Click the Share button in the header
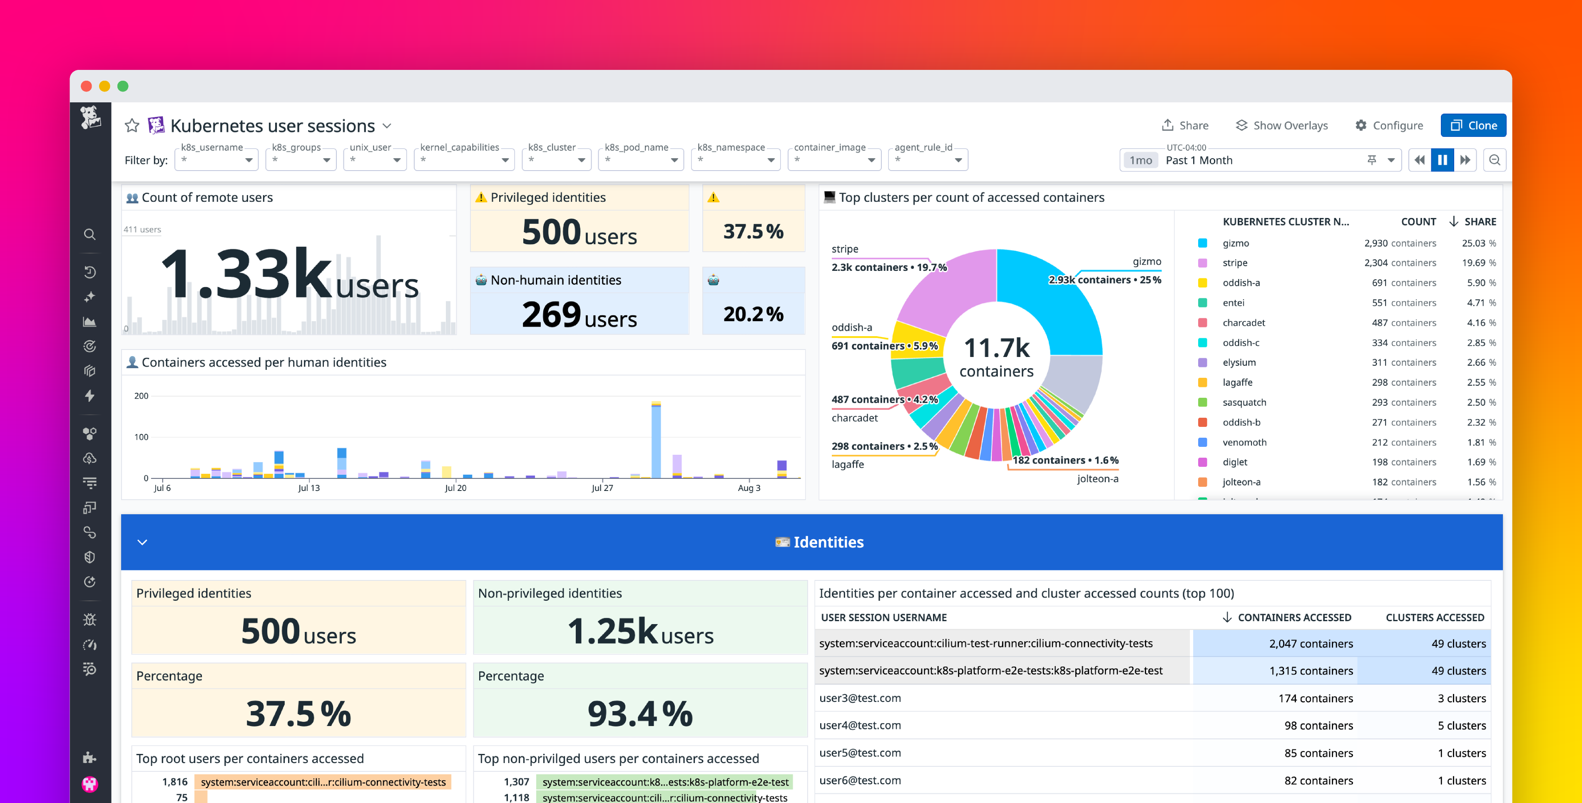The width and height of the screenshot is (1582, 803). (1185, 125)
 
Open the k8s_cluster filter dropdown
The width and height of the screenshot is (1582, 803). (556, 160)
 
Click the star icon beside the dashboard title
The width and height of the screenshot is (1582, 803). (132, 126)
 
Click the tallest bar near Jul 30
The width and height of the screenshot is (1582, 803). (656, 439)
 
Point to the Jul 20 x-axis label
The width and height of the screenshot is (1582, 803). (455, 488)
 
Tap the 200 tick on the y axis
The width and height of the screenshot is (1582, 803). (141, 396)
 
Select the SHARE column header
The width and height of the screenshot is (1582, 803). (1480, 222)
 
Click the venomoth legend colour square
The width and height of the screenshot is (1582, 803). (1202, 442)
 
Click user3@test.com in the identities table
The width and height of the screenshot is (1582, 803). (860, 698)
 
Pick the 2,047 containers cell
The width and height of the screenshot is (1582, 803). (1311, 643)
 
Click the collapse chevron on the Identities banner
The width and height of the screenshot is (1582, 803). (142, 542)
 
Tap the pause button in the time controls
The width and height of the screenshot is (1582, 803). (1442, 160)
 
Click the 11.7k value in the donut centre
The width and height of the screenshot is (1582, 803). (996, 348)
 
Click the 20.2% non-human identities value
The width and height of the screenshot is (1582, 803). (753, 314)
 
